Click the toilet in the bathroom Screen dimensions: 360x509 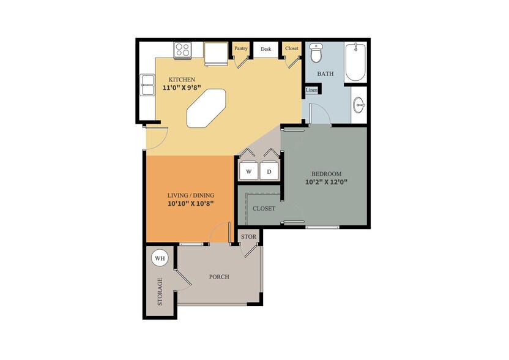316,54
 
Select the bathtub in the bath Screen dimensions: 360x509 355,62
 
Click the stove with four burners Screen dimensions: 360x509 183,50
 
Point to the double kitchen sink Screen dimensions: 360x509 147,85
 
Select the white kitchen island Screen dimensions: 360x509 207,108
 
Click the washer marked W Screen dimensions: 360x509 249,171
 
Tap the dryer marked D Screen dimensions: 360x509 269,171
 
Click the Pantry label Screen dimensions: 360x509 240,48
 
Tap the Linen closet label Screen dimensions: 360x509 311,91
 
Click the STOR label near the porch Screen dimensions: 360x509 248,236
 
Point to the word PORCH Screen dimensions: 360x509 218,277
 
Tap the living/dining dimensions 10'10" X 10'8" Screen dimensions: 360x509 191,203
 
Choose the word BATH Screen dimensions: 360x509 325,74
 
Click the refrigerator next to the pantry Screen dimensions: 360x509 215,54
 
